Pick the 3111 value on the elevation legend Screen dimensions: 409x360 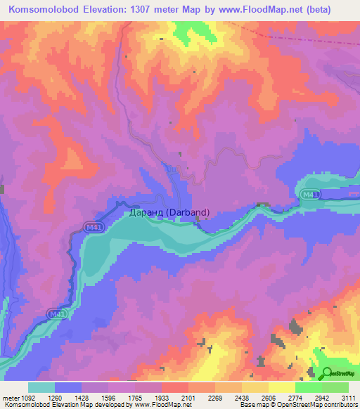[347, 397]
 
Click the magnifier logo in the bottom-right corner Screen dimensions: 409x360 [327, 375]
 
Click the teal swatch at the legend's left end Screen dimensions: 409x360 [41, 387]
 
